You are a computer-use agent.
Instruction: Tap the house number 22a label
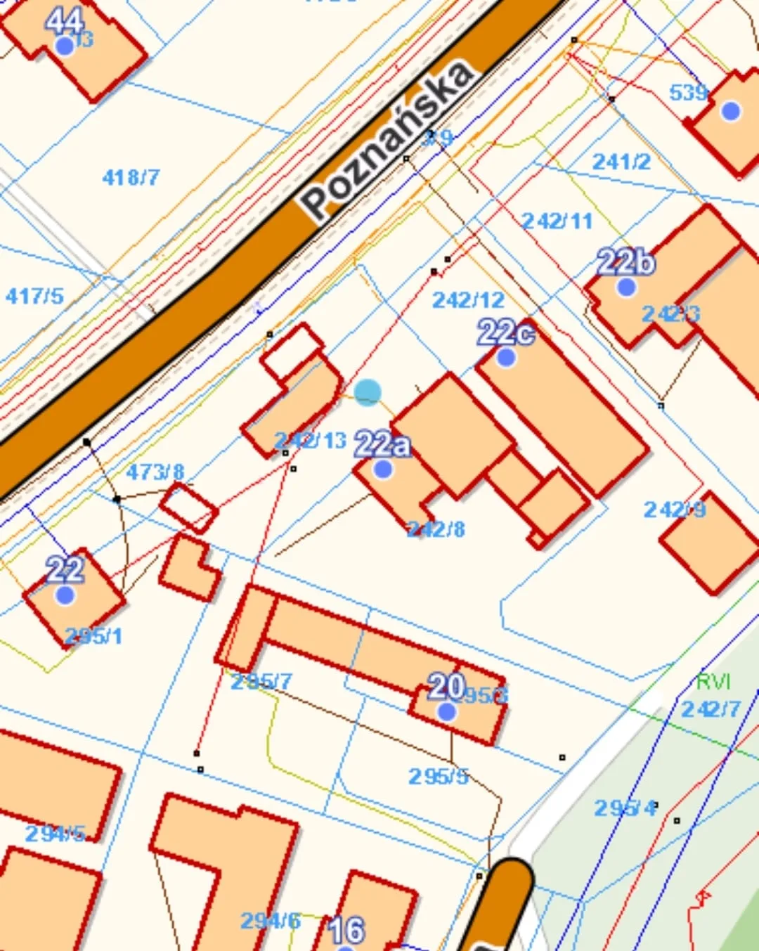[382, 444]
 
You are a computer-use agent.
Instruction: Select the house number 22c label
[505, 332]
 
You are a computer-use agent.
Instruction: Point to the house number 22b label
[625, 262]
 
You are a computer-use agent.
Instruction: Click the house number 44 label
[64, 20]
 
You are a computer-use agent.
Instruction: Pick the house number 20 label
[446, 686]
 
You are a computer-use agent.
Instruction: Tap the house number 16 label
[346, 930]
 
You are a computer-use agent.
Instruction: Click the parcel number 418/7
[131, 177]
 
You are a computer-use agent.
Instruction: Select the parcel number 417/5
[34, 296]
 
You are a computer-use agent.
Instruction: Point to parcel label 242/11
[557, 221]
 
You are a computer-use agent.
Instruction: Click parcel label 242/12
[468, 300]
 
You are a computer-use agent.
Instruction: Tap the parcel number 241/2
[621, 162]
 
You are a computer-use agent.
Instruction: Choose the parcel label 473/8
[155, 472]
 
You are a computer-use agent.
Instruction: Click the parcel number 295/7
[261, 681]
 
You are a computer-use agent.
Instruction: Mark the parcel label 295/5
[439, 776]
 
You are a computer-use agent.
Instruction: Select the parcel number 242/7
[711, 709]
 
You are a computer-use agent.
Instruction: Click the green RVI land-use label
[713, 681]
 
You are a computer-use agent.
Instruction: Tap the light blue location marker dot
[368, 393]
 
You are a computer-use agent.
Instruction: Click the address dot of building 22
[65, 595]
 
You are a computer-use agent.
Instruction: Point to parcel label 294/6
[271, 921]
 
